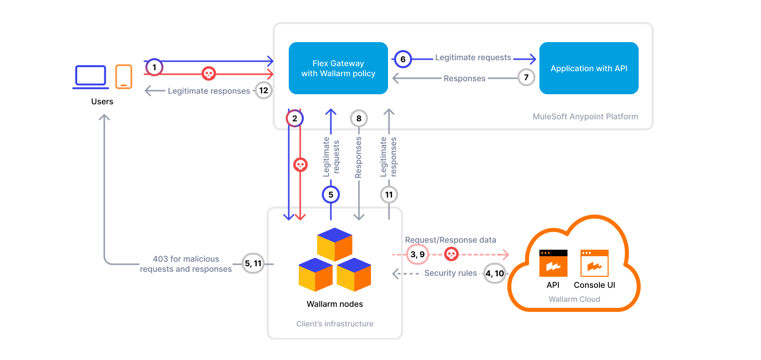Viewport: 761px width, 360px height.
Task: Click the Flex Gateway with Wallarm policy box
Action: (x=338, y=68)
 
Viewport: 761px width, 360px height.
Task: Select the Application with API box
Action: (x=589, y=68)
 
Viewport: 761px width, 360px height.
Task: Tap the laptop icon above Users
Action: (x=91, y=77)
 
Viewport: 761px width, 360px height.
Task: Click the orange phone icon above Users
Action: (x=123, y=77)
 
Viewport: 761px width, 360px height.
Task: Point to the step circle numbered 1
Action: (x=154, y=67)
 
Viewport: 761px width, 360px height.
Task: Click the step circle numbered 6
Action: (x=403, y=59)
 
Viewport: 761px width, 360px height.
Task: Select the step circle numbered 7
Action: (x=526, y=77)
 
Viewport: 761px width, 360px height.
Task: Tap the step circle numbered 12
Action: (x=264, y=90)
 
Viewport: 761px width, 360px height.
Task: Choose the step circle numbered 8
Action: (x=358, y=119)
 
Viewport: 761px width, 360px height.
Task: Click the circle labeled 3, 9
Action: (x=417, y=254)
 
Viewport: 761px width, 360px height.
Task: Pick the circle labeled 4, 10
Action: (x=495, y=274)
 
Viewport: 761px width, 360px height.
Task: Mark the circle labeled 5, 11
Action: (x=253, y=263)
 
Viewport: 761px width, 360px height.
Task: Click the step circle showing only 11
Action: (x=389, y=194)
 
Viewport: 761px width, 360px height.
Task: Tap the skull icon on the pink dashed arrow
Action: (x=451, y=254)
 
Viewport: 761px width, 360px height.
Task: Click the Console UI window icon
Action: (x=594, y=263)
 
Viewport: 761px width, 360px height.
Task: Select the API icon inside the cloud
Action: (x=553, y=263)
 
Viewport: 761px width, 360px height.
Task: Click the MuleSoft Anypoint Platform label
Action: (x=585, y=116)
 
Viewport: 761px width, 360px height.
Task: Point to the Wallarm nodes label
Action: (x=334, y=304)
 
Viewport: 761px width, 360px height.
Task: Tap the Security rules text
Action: (x=450, y=273)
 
